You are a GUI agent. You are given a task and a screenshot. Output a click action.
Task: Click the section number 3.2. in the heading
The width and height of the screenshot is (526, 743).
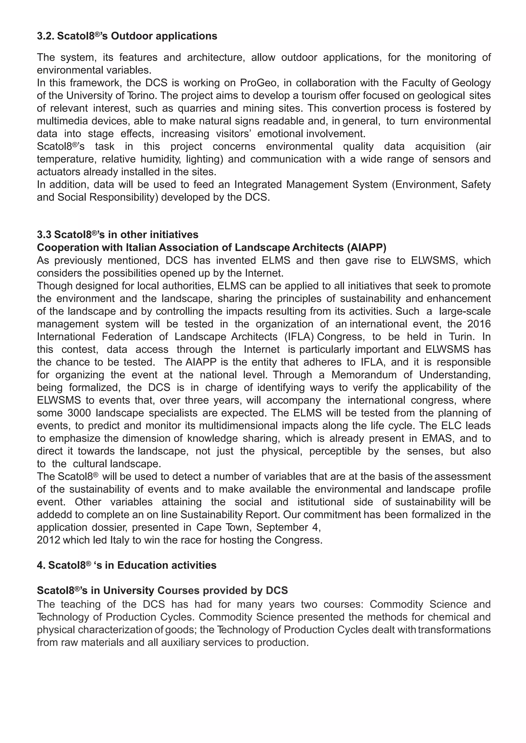click(46, 36)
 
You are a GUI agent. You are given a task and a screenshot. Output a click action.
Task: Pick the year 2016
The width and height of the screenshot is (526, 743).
click(479, 324)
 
